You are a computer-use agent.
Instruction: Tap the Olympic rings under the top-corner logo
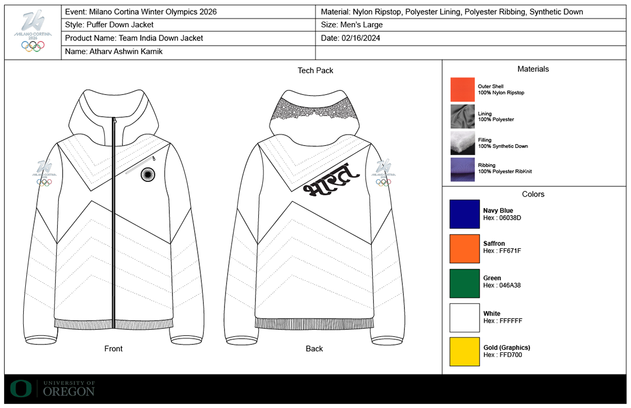[x=33, y=46]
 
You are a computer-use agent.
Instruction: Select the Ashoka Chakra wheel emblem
[x=148, y=175]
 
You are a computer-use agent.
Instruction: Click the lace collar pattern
[x=314, y=109]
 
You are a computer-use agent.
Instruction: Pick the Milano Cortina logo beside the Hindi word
[x=383, y=172]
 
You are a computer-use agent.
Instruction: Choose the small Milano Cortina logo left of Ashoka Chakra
[x=44, y=172]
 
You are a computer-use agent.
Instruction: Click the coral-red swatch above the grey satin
[x=462, y=89]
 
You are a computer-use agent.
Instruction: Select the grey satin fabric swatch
[x=462, y=116]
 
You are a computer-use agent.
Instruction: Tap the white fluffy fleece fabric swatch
[x=462, y=142]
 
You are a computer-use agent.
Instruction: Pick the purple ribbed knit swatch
[x=462, y=169]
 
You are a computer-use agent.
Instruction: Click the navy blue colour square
[x=464, y=214]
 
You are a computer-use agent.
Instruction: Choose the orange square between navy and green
[x=464, y=249]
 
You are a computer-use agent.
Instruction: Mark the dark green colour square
[x=464, y=283]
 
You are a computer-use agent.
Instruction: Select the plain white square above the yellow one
[x=464, y=318]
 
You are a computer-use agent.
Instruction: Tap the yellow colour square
[x=464, y=352]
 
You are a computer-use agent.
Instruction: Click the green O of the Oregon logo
[x=21, y=389]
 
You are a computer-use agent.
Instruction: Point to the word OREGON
[x=69, y=392]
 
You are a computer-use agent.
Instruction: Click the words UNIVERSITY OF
[x=69, y=383]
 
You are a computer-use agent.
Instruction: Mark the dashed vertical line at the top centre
[x=315, y=32]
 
